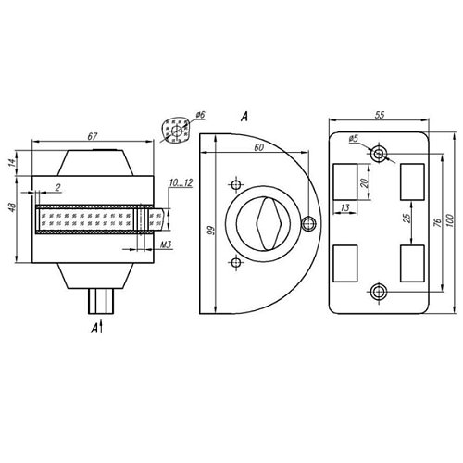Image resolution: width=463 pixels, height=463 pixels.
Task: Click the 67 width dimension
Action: click(x=93, y=136)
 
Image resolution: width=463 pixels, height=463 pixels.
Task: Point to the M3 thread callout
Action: click(x=167, y=244)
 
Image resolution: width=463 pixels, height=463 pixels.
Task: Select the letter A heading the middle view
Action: click(x=243, y=116)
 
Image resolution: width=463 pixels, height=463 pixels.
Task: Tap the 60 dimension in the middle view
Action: click(x=257, y=147)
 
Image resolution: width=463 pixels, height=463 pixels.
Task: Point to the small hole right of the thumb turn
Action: click(x=308, y=222)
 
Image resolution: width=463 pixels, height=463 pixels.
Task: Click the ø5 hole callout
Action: click(x=354, y=139)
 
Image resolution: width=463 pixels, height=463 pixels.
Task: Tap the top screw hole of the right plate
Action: click(x=378, y=152)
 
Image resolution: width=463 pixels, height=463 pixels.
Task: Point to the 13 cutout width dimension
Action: click(x=345, y=210)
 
